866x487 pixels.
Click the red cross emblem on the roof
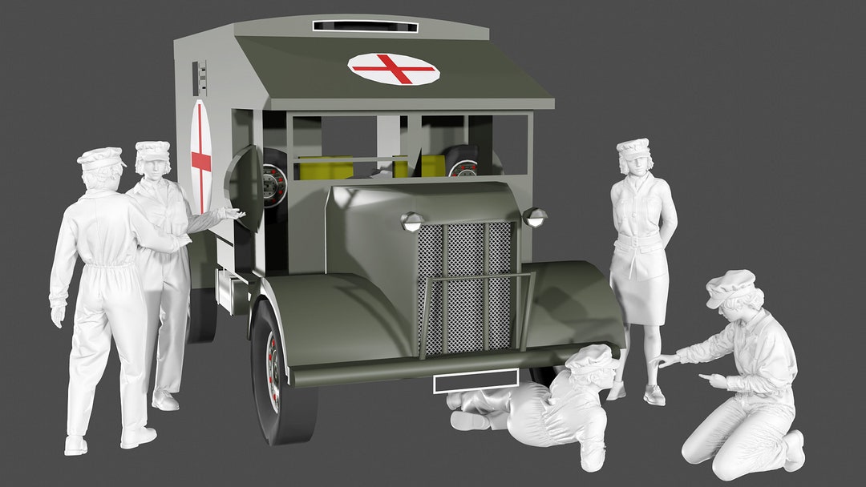[394, 69]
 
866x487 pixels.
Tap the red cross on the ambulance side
[200, 158]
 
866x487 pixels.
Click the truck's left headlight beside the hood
[413, 222]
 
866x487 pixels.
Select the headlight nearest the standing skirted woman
[534, 216]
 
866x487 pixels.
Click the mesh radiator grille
[465, 284]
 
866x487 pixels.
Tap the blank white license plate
[475, 382]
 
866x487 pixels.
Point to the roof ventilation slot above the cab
[365, 26]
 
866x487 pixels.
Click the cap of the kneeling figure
[730, 286]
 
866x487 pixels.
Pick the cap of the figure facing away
[101, 158]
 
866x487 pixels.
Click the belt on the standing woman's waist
[639, 239]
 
